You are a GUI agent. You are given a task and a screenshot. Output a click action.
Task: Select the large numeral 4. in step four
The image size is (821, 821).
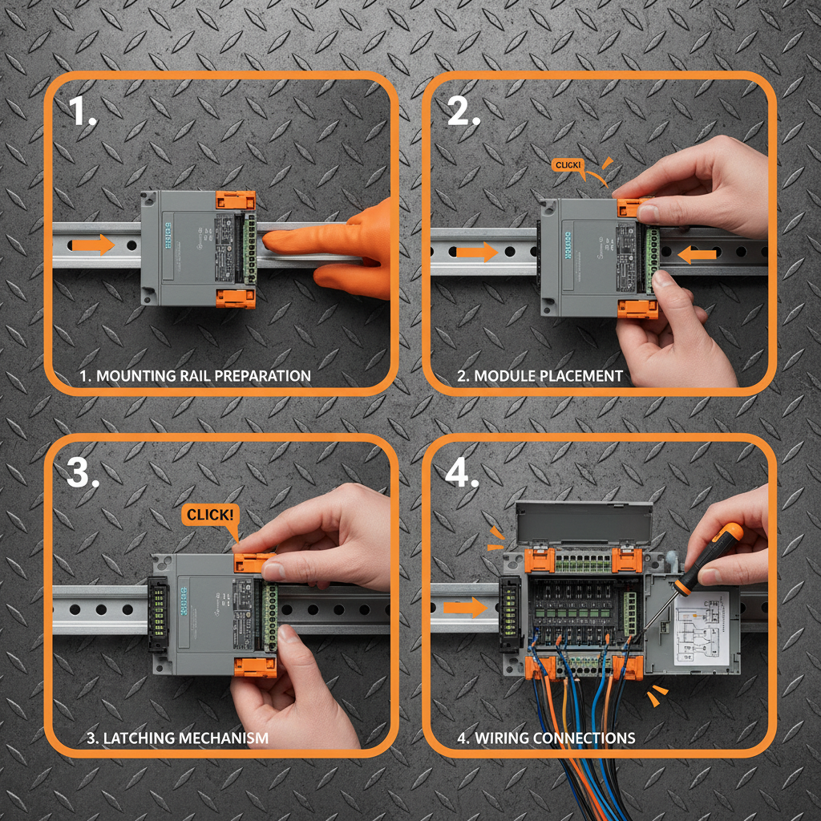[x=462, y=473]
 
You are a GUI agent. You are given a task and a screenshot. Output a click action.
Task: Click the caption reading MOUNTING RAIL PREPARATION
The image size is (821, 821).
[x=195, y=375]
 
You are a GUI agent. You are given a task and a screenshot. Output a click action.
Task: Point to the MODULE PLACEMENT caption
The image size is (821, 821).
[x=548, y=375]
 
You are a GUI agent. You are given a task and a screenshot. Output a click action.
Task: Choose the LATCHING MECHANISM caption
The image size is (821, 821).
[x=177, y=738]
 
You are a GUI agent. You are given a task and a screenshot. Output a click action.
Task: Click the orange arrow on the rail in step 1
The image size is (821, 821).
[x=96, y=245]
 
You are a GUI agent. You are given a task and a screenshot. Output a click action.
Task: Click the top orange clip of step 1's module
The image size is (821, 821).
[x=236, y=200]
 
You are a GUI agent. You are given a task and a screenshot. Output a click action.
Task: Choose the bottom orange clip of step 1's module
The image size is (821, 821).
[x=236, y=298]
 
